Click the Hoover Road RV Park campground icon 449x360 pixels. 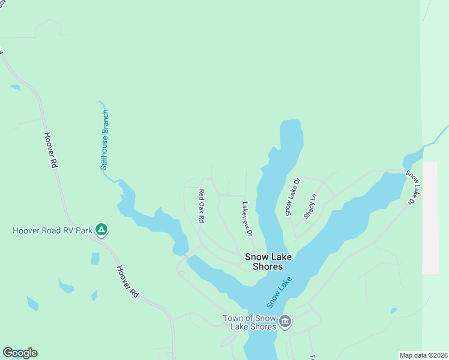102,230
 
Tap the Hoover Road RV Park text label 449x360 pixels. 53,230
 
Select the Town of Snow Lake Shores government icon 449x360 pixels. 286,322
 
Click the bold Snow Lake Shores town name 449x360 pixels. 268,262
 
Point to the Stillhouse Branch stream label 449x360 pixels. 104,140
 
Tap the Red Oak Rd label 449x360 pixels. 202,208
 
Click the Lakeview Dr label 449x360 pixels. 247,218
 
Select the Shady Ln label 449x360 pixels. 310,206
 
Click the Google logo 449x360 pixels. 20,353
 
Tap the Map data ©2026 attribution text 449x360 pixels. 424,355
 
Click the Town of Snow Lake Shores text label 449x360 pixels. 249,322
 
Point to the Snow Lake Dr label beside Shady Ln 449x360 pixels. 292,197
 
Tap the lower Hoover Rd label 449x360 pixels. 127,282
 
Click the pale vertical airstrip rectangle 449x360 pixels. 430,217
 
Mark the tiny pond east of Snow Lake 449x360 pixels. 393,310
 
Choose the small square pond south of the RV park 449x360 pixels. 95,259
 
